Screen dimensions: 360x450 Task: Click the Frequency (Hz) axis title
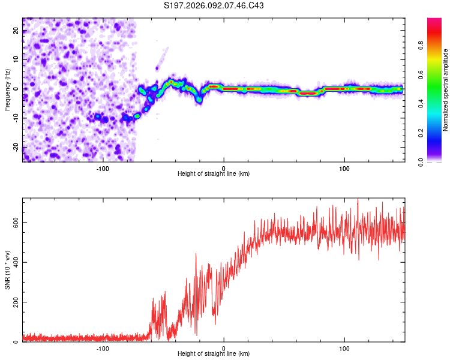[8, 89]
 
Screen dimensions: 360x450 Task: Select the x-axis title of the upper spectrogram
[214, 173]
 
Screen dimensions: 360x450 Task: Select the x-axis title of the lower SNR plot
[214, 353]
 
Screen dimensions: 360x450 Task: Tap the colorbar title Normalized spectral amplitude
[446, 90]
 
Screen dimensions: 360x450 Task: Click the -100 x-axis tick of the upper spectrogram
[103, 168]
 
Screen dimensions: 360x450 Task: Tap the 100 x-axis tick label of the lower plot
[344, 348]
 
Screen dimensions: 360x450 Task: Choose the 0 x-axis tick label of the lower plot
[224, 348]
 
